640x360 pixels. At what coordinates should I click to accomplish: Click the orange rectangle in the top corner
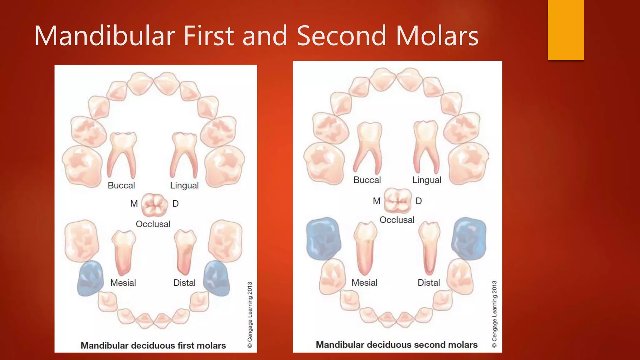[566, 30]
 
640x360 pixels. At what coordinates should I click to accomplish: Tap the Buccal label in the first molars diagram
[121, 185]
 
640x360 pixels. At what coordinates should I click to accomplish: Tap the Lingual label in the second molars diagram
[427, 180]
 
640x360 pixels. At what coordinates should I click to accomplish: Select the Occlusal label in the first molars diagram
[153, 224]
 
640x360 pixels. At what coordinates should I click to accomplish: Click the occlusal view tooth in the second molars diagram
[397, 201]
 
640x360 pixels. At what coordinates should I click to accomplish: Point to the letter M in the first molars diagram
[134, 204]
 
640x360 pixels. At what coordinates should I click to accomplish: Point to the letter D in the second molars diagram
[419, 201]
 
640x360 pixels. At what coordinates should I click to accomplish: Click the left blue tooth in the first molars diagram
[91, 278]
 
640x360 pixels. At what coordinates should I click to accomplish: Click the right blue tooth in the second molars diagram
[469, 238]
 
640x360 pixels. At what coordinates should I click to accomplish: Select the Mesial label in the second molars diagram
[364, 283]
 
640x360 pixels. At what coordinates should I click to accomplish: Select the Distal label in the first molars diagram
[184, 283]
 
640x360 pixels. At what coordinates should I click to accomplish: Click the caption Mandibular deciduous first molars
[153, 346]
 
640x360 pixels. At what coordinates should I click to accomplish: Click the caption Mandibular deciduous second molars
[397, 345]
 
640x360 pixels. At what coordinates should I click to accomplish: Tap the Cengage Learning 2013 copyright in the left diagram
[250, 314]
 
